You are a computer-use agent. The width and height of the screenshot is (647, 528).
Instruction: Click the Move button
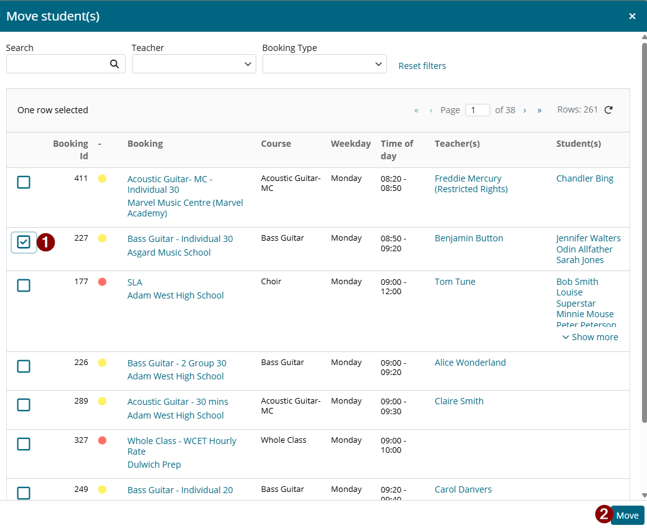click(x=627, y=515)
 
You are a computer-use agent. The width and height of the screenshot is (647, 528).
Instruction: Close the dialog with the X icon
click(x=632, y=16)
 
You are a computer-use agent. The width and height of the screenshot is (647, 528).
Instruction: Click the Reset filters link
click(x=422, y=66)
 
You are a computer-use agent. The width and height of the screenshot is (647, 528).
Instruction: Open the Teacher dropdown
click(x=194, y=64)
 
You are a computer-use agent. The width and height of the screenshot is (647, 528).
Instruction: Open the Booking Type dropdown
click(x=324, y=64)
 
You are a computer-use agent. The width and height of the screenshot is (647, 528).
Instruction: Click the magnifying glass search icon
click(x=114, y=64)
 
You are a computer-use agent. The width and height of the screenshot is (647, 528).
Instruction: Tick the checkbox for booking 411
click(x=24, y=182)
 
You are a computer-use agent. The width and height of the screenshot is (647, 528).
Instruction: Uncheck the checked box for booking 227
click(x=24, y=242)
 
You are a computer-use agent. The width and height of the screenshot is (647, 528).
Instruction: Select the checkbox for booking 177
click(x=24, y=285)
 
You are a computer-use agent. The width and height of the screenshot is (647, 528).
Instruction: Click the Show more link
click(x=590, y=337)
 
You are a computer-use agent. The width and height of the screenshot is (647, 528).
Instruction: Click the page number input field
click(x=477, y=110)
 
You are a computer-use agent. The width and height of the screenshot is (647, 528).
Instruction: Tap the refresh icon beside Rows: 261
click(x=608, y=109)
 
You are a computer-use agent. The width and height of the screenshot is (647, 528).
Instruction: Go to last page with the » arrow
click(x=539, y=110)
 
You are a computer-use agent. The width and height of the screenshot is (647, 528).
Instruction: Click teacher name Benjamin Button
click(x=468, y=238)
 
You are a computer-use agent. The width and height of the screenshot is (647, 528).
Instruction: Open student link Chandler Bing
click(x=585, y=178)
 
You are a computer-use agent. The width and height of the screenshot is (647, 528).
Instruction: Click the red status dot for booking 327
click(x=102, y=440)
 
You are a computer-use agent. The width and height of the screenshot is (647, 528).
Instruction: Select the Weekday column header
click(x=351, y=144)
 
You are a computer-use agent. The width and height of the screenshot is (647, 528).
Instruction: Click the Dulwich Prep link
click(x=154, y=465)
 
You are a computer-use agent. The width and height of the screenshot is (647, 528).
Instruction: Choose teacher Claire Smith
click(x=459, y=401)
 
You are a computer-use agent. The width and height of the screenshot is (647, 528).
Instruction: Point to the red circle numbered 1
click(x=46, y=242)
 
